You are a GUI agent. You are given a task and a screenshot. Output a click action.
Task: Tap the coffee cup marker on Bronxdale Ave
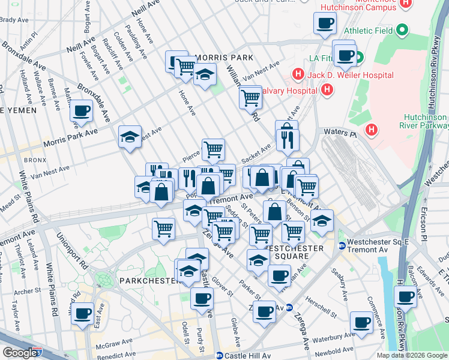tap(82, 111)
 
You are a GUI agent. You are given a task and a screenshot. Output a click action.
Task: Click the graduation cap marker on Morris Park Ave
tap(130, 137)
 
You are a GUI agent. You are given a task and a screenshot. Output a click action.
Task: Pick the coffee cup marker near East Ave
tap(82, 312)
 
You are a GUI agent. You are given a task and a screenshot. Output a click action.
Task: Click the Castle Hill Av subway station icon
tap(220, 355)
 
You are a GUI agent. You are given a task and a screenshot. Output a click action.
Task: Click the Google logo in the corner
tap(22, 352)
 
